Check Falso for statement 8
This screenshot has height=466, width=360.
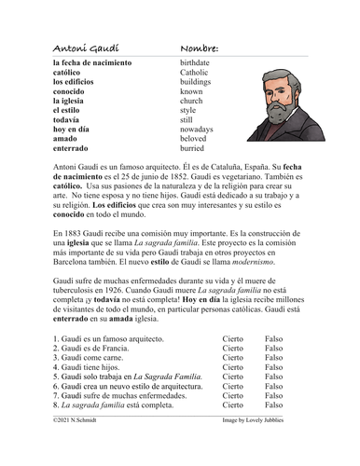pyautogui.click(x=274, y=432)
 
